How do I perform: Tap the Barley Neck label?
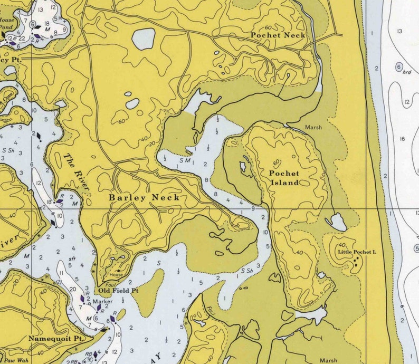pos(144,197)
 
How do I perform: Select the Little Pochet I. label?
pos(357,253)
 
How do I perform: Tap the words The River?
pos(77,172)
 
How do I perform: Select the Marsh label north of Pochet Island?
pos(313,127)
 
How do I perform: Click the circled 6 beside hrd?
pos(399,67)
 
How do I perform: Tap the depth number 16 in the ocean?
pos(403,139)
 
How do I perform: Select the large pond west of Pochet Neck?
pos(144,39)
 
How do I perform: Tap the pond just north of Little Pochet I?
pos(337,222)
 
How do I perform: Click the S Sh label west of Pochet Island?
pos(246,271)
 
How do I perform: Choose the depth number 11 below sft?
pos(62,273)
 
